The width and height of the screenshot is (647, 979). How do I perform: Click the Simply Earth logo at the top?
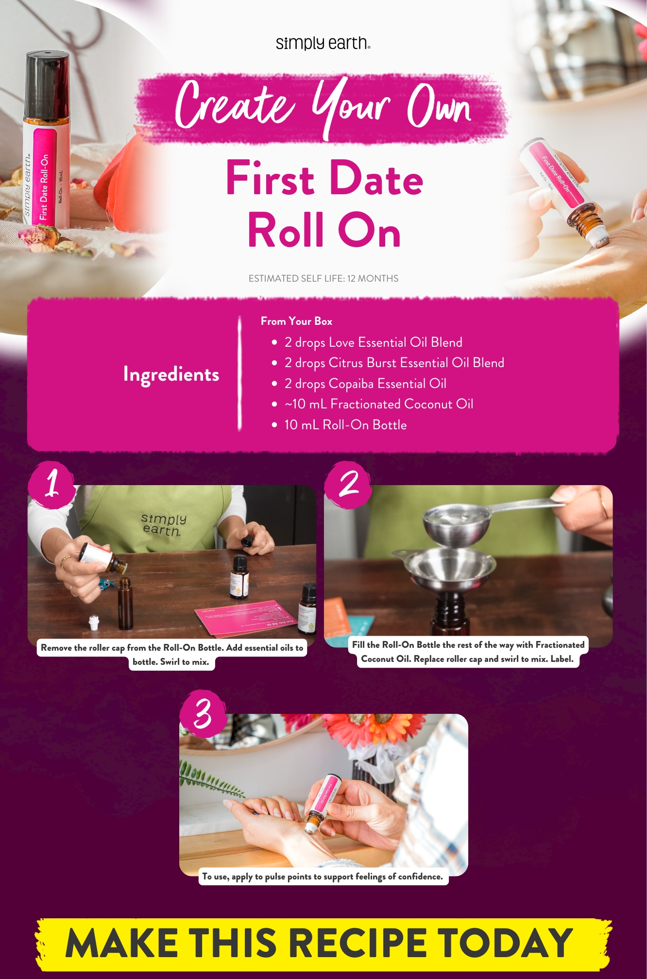[323, 43]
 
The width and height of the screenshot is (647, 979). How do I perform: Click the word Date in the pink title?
[376, 179]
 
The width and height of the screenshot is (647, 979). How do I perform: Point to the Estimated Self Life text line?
[323, 278]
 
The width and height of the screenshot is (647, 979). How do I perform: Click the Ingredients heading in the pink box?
[171, 374]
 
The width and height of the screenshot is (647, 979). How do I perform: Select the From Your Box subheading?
[296, 321]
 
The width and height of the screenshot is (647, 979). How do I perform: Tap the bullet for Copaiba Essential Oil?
[274, 384]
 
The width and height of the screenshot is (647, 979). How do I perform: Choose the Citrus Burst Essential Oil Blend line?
[394, 363]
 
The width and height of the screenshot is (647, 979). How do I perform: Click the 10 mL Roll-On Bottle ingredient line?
[345, 425]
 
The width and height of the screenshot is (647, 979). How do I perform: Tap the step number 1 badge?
[52, 484]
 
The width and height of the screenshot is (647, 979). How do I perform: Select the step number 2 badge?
[348, 484]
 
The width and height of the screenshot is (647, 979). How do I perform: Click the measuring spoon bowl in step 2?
[454, 520]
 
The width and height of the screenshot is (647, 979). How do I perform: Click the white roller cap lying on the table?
[93, 622]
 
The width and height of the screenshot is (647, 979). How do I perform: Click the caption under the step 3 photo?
[323, 877]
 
